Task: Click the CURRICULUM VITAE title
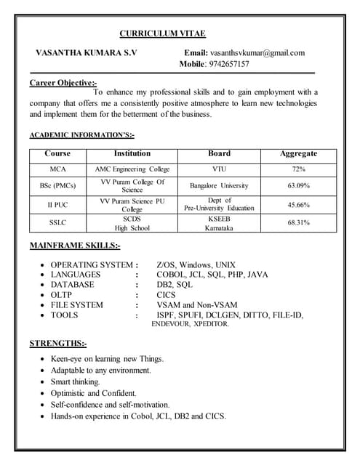(162, 34)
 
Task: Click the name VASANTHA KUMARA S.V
(86, 53)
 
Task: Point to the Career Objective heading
(63, 83)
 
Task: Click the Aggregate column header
(298, 154)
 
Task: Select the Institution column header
(132, 154)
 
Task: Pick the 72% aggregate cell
(298, 169)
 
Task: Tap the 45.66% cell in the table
(298, 205)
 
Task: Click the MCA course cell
(57, 169)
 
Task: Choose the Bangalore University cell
(219, 186)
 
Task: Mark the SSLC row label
(57, 222)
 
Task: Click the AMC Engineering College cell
(132, 169)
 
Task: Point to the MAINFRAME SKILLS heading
(75, 246)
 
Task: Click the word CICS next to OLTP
(167, 295)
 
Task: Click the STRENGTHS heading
(57, 343)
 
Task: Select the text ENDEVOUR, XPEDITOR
(190, 324)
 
